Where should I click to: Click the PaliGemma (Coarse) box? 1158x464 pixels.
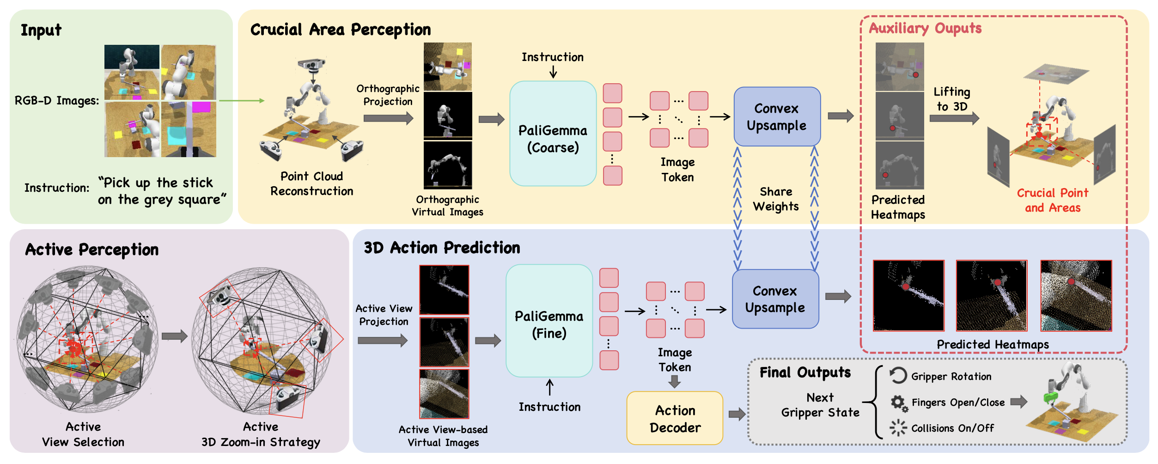click(553, 134)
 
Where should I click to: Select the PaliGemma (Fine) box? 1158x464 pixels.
click(549, 321)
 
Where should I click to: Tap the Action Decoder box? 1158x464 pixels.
click(675, 418)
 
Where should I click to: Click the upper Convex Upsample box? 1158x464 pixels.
click(777, 116)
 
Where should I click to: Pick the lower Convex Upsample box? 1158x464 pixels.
click(775, 299)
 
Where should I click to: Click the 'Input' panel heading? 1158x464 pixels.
click(41, 31)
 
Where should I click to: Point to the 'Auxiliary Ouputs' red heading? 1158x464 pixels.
click(925, 29)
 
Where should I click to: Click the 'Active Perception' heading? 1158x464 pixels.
click(92, 250)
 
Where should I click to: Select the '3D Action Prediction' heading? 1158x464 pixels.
click(442, 248)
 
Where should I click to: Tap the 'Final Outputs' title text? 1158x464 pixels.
click(805, 372)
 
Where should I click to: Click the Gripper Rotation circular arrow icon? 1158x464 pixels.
click(898, 375)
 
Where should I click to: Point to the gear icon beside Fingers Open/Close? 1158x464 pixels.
click(898, 403)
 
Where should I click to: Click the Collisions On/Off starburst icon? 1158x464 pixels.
click(898, 428)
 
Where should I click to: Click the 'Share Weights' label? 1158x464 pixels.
click(776, 199)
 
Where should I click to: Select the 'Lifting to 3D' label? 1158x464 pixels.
click(951, 99)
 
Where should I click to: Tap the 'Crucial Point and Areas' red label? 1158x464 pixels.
click(1052, 200)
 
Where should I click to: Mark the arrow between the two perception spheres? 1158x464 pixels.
click(174, 336)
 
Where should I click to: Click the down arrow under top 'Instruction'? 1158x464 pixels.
click(553, 72)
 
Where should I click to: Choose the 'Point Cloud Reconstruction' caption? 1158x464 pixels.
click(311, 183)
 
